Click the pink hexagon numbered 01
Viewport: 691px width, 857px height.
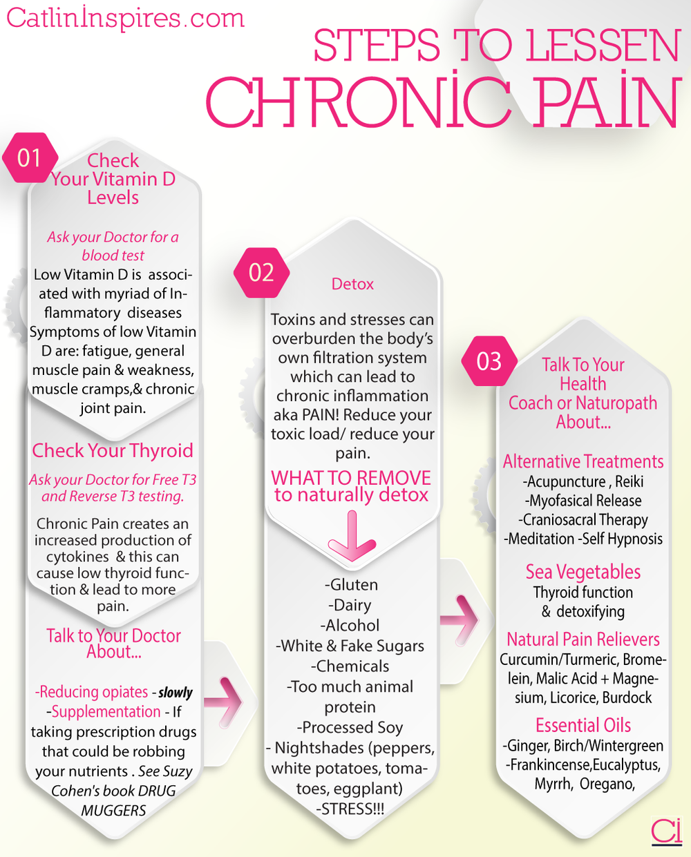pos(30,158)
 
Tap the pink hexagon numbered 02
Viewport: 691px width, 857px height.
pos(261,273)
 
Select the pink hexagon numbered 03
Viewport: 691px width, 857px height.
pos(489,361)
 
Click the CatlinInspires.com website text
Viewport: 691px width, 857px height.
pos(126,18)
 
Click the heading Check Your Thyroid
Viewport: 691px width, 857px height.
pos(113,450)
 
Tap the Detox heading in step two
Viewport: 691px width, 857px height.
pos(352,284)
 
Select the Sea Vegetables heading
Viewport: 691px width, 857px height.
pos(583,572)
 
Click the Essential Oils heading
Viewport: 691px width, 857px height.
pos(583,725)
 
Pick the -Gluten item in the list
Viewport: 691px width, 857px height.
pos(352,584)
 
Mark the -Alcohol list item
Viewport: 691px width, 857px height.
pos(350,625)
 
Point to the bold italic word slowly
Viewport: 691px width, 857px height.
pos(176,692)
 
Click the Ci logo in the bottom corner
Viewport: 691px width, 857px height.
pos(666,831)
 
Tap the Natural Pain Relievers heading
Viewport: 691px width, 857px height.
pos(583,639)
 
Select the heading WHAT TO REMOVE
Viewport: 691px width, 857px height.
pos(351,478)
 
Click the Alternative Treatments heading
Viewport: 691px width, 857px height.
pos(583,461)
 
